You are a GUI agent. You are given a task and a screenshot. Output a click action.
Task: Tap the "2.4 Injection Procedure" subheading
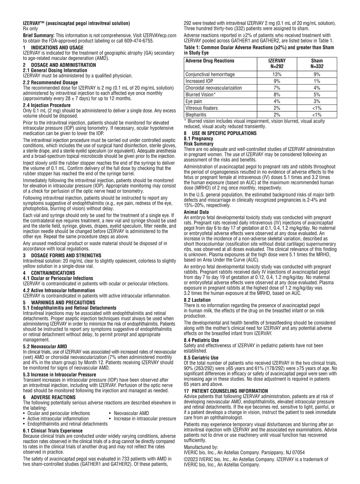[x=47, y=105]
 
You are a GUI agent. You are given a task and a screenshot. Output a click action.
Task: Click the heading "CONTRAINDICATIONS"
[x=53, y=273]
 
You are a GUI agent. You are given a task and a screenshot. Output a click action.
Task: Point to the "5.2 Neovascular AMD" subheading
[x=45, y=347]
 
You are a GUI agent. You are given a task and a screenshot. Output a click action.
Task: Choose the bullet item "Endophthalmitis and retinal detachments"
[x=67, y=424]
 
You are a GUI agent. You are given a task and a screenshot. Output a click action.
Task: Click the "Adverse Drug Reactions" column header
[x=210, y=61]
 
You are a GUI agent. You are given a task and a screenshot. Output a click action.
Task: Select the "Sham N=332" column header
[x=317, y=64]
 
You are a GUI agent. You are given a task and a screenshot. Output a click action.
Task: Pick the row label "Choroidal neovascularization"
[x=214, y=88]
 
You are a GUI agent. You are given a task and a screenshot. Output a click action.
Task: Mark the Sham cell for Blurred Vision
[x=317, y=95]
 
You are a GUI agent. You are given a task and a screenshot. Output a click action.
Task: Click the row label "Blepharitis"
[x=196, y=115]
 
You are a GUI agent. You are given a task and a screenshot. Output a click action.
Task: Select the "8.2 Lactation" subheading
[x=197, y=300]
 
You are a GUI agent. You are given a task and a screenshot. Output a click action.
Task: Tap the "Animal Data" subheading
[x=196, y=212]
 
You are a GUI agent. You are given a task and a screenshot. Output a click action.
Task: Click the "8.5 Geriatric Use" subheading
[x=201, y=358]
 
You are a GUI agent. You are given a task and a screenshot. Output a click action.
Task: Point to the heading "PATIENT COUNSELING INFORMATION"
[x=229, y=391]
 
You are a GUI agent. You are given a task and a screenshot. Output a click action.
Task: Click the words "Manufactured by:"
[x=201, y=447]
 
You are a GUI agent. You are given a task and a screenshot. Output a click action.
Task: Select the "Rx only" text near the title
[x=31, y=29]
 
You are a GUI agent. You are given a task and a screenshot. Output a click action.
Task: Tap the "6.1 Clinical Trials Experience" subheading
[x=53, y=431]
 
